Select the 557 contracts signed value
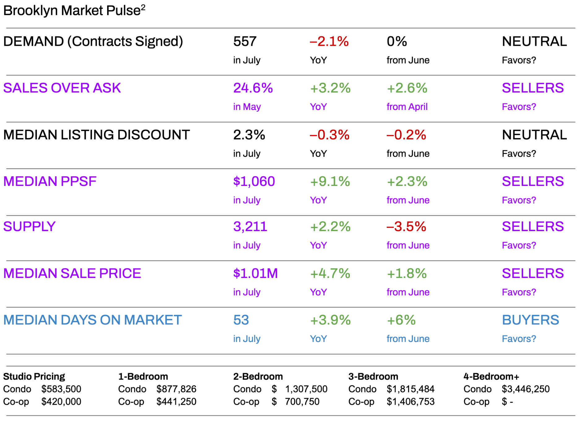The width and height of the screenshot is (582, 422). pos(245,42)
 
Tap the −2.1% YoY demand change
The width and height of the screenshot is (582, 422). pos(329,42)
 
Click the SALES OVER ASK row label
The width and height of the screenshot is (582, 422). pos(62,88)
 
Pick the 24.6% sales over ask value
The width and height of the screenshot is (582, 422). pos(253,88)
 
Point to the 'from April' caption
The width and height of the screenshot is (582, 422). pos(407,107)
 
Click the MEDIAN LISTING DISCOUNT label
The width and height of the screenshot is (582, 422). pos(96,135)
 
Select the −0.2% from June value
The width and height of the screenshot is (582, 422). pos(406,135)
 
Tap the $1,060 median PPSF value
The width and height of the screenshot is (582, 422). pos(254,182)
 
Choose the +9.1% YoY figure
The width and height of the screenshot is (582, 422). pos(330,182)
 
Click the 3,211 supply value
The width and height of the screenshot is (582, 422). pos(250,227)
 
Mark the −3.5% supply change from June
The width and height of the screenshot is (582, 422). pos(406,227)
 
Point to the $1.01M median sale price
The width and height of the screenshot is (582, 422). pos(255,274)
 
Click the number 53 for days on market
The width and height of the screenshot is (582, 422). pos(241,320)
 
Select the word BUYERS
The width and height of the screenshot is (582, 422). pos(530,320)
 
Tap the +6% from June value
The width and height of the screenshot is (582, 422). pos(401,320)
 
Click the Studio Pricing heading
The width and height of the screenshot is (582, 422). pos(34,376)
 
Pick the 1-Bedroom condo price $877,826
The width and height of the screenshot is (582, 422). pos(176,389)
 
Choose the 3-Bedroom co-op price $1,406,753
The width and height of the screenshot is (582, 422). pos(410,402)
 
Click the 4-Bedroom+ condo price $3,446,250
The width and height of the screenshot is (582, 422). pos(526,389)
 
